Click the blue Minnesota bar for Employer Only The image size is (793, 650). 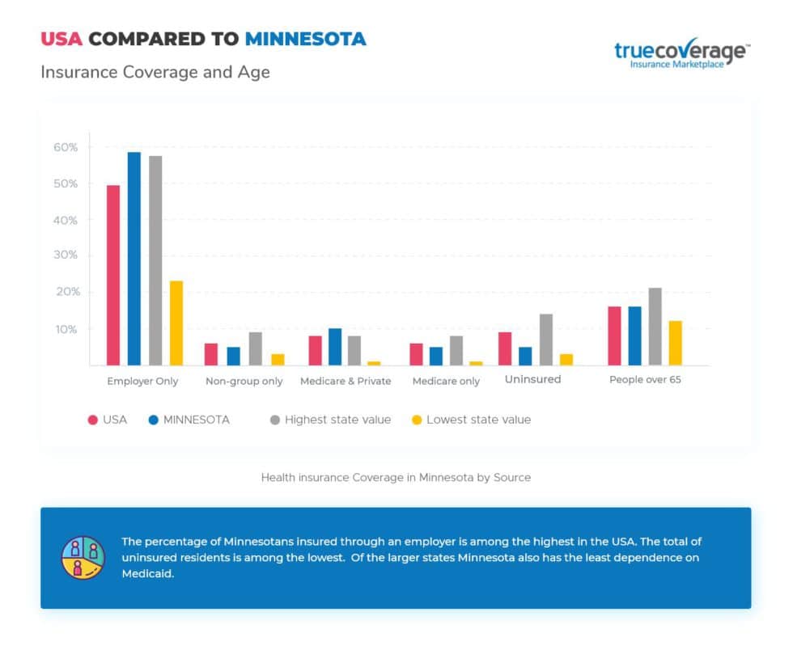(134, 259)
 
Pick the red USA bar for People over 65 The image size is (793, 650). (614, 336)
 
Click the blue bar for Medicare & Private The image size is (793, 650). (335, 347)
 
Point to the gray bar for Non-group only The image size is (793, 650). (255, 348)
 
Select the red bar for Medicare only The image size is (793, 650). (416, 354)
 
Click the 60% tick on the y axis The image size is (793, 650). (66, 147)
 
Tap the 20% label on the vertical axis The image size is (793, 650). (66, 292)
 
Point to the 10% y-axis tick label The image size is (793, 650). (66, 329)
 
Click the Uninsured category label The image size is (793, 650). (532, 379)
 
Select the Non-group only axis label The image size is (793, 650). (244, 381)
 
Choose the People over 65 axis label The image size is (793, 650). (645, 379)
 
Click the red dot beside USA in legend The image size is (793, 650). (93, 420)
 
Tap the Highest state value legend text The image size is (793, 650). (337, 420)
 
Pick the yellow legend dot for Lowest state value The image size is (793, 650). (418, 420)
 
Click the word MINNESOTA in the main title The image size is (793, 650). (306, 38)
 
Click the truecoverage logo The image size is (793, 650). (681, 54)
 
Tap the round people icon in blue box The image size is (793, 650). (83, 557)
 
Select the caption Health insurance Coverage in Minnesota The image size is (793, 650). (396, 478)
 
